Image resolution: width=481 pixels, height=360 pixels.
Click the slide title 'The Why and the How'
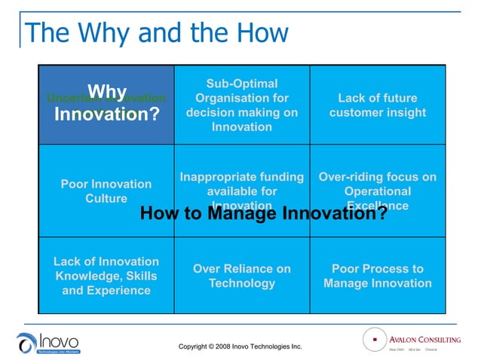coord(156,32)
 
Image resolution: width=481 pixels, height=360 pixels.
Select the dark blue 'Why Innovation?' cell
coord(106,104)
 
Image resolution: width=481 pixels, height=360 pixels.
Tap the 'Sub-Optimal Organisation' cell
coord(241,105)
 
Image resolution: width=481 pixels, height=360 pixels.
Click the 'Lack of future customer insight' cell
coord(377,105)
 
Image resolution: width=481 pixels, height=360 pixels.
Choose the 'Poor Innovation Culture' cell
coord(106,191)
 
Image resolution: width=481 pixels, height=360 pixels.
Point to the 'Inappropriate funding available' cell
coord(241,185)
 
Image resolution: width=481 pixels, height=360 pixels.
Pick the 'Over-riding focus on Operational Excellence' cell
coord(377,185)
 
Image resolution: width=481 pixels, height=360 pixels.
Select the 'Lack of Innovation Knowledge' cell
coord(106,276)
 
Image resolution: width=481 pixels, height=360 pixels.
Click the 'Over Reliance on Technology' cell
coord(241,276)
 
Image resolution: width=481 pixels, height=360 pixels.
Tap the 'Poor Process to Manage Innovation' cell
coord(377,276)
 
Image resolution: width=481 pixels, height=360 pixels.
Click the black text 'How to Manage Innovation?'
coord(263,214)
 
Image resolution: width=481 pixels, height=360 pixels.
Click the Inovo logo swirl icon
coord(26,343)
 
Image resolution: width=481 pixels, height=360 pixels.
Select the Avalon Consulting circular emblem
coord(373,340)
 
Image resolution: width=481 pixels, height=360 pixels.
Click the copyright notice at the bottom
coord(240,346)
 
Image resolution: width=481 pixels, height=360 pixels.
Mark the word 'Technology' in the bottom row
coord(241,284)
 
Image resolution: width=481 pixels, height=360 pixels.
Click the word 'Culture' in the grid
coord(106,199)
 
